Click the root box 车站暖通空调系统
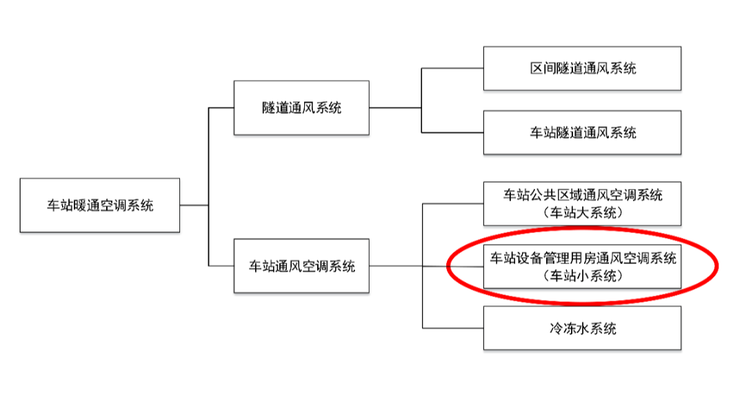100,205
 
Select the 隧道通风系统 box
301,108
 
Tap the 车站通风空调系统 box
301,265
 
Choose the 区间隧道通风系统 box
582,68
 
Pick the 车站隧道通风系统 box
582,132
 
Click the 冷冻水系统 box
582,328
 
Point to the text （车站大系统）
583,212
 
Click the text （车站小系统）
583,276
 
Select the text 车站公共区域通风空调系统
583,196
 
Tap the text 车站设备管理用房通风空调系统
583,259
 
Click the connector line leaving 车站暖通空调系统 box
194,205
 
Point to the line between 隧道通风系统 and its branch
395,108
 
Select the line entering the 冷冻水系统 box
452,328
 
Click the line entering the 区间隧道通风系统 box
452,68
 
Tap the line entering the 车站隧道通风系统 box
452,132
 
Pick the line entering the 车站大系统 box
452,203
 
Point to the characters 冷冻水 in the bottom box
564,328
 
